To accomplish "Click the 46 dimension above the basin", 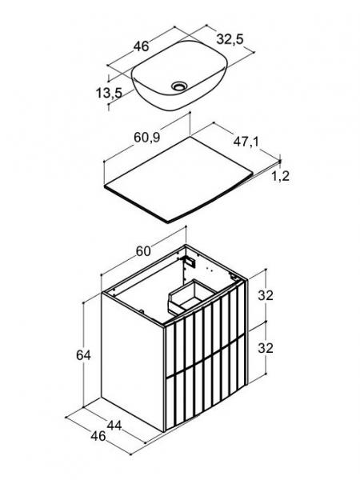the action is (141, 46).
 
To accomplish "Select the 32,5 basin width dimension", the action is (230, 39).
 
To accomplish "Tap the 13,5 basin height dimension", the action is (109, 93).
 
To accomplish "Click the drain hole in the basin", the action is (178, 86).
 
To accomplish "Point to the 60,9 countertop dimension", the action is (147, 138).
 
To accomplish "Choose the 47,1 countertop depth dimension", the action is (246, 142).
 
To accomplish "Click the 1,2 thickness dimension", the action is (281, 176).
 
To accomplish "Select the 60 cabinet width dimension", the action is (143, 251).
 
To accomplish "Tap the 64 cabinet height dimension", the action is (83, 355).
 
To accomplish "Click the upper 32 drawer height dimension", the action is (266, 295).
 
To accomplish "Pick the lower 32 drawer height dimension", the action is (266, 348).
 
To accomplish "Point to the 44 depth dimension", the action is (114, 426).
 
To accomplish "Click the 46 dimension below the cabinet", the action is (98, 436).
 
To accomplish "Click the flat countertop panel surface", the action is (178, 178).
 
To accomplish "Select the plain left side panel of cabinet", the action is (133, 362).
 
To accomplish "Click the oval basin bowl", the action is (180, 76).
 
